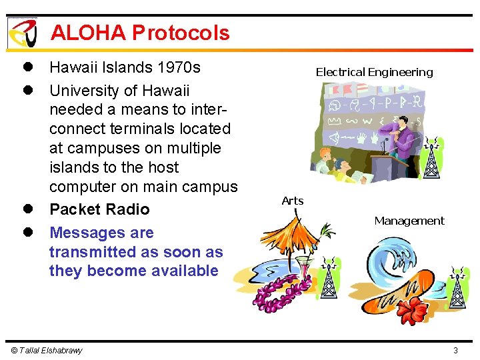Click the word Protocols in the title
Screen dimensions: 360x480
click(181, 33)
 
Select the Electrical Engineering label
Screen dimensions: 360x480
click(374, 72)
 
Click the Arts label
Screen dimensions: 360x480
click(292, 201)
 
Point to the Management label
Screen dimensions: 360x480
click(409, 221)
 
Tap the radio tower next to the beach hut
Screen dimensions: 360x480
click(329, 281)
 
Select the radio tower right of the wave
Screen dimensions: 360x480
click(457, 287)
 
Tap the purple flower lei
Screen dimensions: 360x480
click(280, 294)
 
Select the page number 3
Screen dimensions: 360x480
click(455, 351)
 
